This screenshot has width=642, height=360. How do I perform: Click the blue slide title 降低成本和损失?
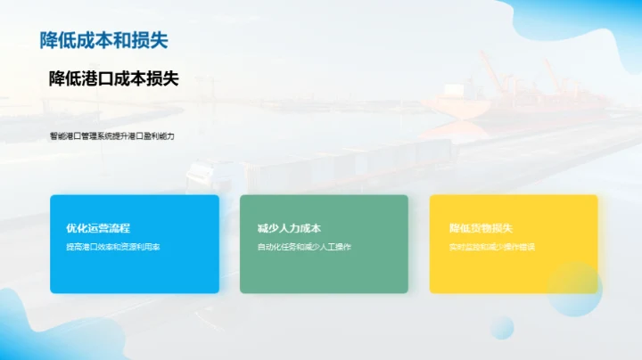103,40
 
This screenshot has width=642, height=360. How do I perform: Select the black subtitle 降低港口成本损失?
113,78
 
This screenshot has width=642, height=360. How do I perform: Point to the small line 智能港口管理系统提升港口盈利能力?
111,136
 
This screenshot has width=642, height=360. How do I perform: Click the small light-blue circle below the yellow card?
502,326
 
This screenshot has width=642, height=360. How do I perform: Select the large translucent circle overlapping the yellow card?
574,289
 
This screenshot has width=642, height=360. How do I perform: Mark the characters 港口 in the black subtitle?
97,78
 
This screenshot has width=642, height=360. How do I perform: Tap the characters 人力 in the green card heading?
288,229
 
